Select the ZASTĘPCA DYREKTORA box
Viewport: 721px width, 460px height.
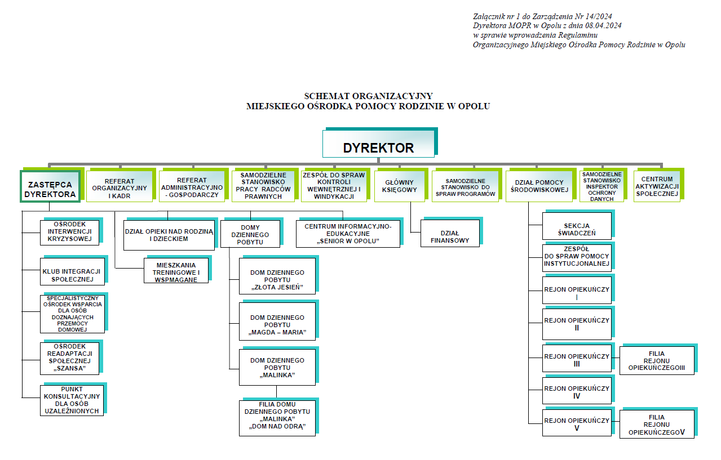coord(50,186)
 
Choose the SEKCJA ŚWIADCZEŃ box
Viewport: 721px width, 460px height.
coord(577,226)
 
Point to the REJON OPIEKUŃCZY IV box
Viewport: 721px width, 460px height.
coord(577,392)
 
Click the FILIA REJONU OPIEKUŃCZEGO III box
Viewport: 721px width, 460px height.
coord(657,361)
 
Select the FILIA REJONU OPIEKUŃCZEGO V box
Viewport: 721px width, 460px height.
coord(657,425)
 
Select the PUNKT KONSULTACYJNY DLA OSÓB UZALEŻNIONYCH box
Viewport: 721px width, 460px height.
coord(72,400)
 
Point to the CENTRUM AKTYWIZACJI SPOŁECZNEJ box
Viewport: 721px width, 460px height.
coord(657,186)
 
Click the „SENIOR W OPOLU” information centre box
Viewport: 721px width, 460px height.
coord(348,233)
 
